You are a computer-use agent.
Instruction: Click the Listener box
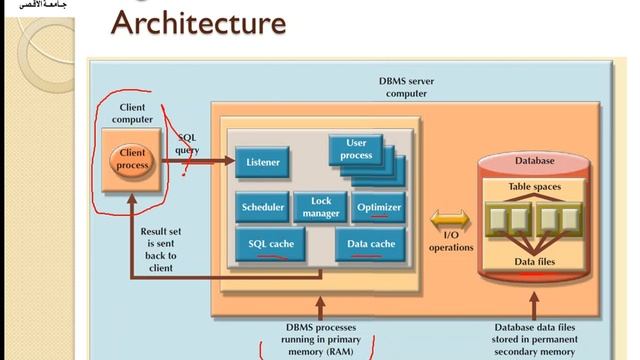263,161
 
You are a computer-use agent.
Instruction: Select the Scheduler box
263,207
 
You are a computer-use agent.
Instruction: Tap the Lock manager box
320,207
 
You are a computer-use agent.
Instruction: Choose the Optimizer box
378,207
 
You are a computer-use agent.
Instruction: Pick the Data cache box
370,244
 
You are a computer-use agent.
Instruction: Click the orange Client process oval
133,159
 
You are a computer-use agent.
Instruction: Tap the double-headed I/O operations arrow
449,218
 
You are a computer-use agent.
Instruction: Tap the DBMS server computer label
405,86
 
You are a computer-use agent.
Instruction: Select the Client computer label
132,113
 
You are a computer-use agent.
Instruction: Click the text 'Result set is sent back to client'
160,248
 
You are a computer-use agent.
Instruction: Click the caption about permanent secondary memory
534,339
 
